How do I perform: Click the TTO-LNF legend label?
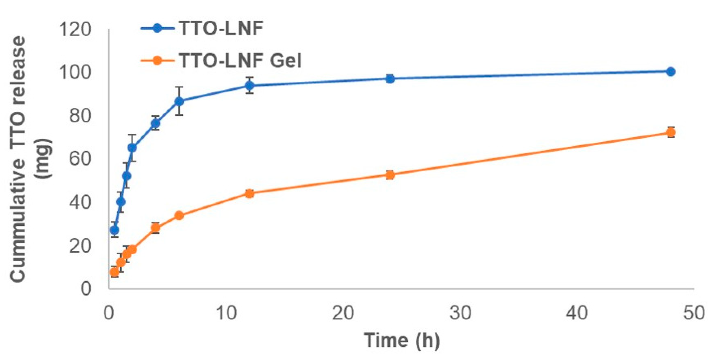click(221, 28)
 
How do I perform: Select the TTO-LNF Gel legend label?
click(240, 60)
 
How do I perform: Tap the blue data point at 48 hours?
click(670, 72)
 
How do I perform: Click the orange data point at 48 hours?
click(670, 132)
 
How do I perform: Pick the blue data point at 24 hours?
click(390, 79)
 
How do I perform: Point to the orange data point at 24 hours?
click(390, 175)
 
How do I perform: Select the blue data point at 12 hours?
click(249, 85)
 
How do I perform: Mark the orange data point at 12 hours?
click(249, 194)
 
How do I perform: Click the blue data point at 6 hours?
click(179, 101)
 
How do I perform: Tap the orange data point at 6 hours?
click(179, 216)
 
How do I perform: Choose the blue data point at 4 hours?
click(156, 123)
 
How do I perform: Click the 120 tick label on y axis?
click(74, 30)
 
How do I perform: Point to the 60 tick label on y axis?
click(80, 159)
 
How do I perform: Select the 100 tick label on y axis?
click(74, 73)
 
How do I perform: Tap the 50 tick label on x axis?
click(694, 313)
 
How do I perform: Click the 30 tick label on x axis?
click(460, 313)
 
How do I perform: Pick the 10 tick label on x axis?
click(226, 313)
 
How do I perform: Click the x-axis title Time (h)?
click(401, 340)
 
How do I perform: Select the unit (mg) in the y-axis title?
click(43, 159)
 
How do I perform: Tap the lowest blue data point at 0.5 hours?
click(115, 230)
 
